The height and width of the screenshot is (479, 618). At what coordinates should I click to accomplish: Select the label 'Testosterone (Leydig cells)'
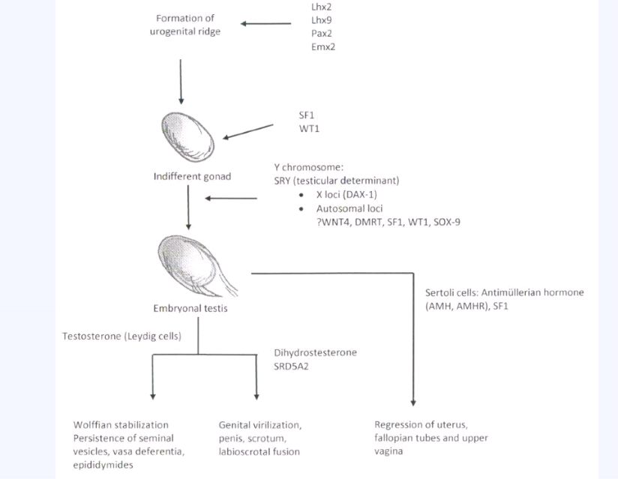pos(121,337)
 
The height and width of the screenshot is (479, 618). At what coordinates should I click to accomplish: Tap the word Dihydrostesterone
pos(316,352)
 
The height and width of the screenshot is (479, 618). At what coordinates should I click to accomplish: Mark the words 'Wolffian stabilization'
pos(121,425)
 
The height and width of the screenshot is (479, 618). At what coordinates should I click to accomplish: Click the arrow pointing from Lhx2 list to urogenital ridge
pos(266,24)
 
